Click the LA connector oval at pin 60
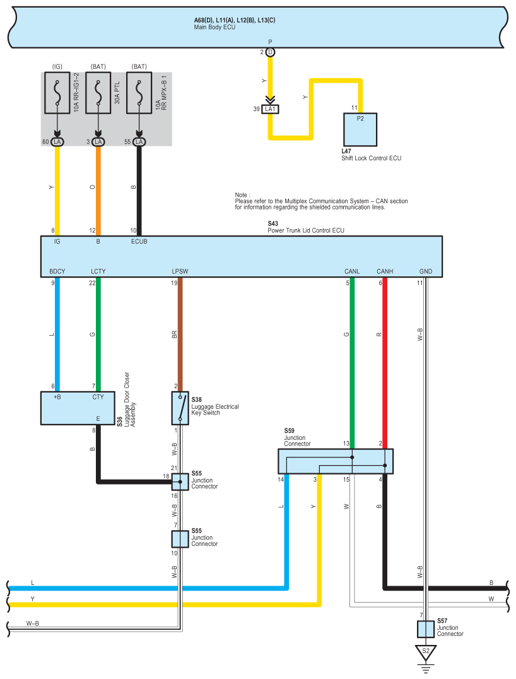[x=57, y=142]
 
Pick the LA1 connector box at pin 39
[x=271, y=109]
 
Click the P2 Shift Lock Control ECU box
[x=360, y=129]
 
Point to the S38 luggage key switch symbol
[x=180, y=408]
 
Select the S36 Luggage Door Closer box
[x=78, y=408]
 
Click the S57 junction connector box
[x=426, y=629]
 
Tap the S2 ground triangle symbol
[x=426, y=651]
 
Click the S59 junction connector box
[x=336, y=461]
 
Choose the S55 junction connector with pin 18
[x=180, y=481]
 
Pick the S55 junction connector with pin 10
[x=180, y=539]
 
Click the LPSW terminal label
[x=180, y=271]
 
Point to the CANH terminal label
[x=385, y=271]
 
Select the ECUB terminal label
[x=139, y=240]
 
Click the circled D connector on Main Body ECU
[x=270, y=52]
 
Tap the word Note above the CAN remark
[x=242, y=195]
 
